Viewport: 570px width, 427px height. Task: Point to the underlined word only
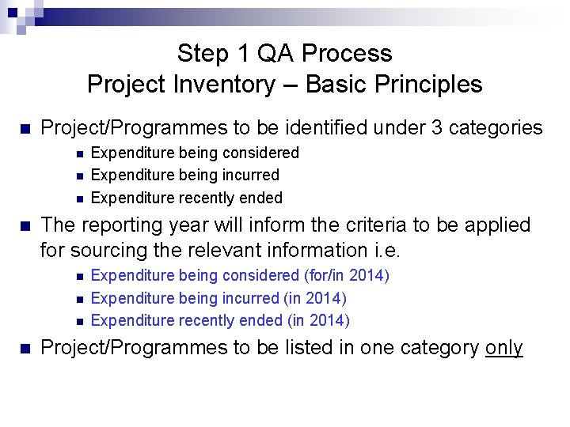point(503,348)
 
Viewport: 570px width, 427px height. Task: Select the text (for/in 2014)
point(346,275)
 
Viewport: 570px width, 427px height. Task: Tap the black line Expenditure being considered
point(195,153)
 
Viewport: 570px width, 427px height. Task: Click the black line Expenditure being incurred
point(185,175)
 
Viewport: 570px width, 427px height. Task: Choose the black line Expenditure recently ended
point(187,198)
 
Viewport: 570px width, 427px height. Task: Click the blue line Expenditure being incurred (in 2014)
point(218,298)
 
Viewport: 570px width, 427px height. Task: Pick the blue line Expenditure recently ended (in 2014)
point(220,320)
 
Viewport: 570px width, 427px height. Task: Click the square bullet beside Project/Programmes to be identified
point(25,128)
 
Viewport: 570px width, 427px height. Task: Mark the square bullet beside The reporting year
point(25,226)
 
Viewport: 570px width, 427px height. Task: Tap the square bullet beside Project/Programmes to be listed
point(25,349)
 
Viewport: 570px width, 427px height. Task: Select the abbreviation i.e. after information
point(387,251)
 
